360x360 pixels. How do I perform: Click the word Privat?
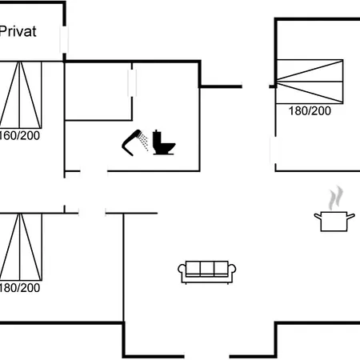tap(18, 31)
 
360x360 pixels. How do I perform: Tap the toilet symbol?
tap(163, 142)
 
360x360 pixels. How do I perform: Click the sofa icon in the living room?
tap(207, 272)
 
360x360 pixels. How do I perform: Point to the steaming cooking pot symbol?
tap(334, 209)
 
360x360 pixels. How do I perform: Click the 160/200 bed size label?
tap(19, 136)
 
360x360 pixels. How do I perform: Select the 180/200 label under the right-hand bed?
tap(310, 111)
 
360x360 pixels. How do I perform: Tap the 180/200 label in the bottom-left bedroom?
tap(19, 288)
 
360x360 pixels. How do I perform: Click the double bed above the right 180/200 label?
tap(310, 82)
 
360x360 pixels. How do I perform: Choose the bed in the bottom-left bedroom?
tap(21, 247)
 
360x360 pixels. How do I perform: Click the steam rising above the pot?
tap(336, 198)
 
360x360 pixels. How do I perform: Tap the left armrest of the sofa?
tap(182, 269)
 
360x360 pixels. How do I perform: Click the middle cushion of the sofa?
tap(207, 268)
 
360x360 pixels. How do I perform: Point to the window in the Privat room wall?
tap(64, 39)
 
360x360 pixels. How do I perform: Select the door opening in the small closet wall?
tap(132, 83)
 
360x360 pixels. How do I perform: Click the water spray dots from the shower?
tap(144, 141)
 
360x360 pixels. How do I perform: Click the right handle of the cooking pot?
tap(351, 216)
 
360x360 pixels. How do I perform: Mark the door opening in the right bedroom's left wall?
tap(274, 150)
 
